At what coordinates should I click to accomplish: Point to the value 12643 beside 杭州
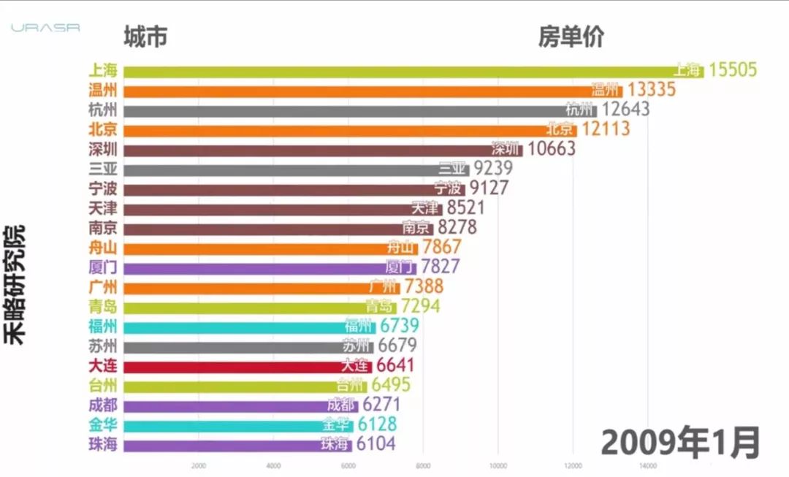(x=625, y=110)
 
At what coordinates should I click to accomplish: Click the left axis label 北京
(x=102, y=130)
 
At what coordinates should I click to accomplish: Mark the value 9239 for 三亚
(x=492, y=169)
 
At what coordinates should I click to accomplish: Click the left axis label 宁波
(x=102, y=188)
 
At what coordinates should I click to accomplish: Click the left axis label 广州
(x=102, y=286)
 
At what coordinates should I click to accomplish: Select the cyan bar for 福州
(x=249, y=326)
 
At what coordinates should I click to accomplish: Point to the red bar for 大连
(x=248, y=365)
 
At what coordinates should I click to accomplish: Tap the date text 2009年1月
(x=680, y=442)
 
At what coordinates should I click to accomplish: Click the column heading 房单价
(x=571, y=37)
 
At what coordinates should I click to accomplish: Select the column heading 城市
(x=145, y=37)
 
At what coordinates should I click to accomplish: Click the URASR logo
(x=45, y=28)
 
